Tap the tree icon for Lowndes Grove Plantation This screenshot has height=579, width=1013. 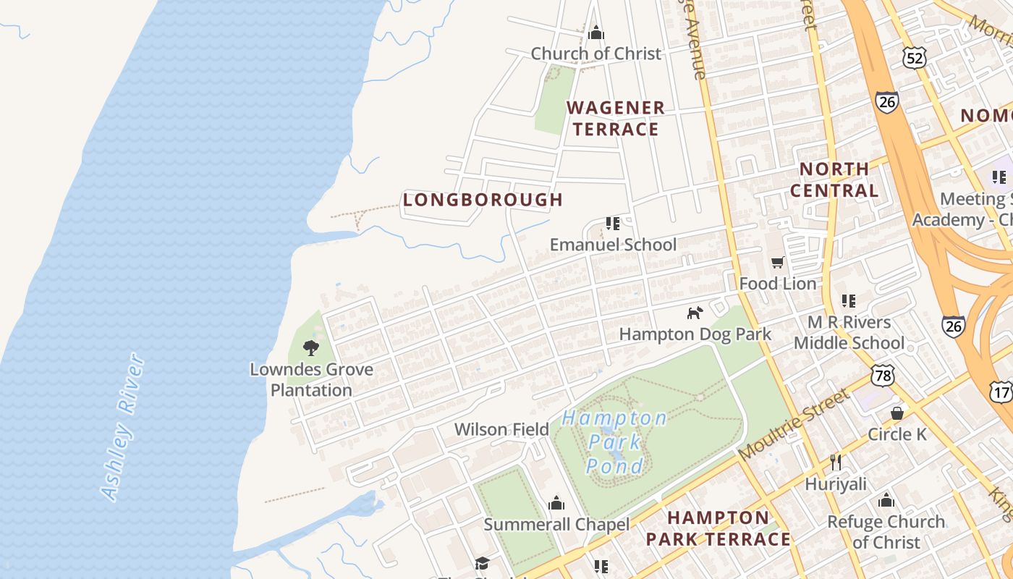[311, 348]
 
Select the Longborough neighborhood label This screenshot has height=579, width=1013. [483, 200]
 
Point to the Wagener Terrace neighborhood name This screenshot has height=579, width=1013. [616, 119]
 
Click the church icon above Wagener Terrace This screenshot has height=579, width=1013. [596, 32]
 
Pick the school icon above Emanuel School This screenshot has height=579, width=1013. [613, 224]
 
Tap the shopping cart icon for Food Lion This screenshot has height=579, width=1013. [778, 263]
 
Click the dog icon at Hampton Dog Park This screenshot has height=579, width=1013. [695, 313]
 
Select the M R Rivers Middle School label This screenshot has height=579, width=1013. [849, 332]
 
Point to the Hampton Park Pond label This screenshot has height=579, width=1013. [614, 441]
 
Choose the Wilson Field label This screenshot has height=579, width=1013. [501, 429]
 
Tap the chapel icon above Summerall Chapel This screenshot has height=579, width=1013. [556, 502]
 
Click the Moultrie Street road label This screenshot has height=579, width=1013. [794, 425]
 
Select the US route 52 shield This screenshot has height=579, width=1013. [915, 58]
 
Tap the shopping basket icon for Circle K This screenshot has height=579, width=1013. [897, 413]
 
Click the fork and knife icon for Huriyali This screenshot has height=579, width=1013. [836, 462]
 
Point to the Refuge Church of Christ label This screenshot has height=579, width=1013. [886, 532]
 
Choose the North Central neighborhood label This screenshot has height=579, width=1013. [834, 180]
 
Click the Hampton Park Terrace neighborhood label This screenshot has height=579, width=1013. [718, 528]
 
